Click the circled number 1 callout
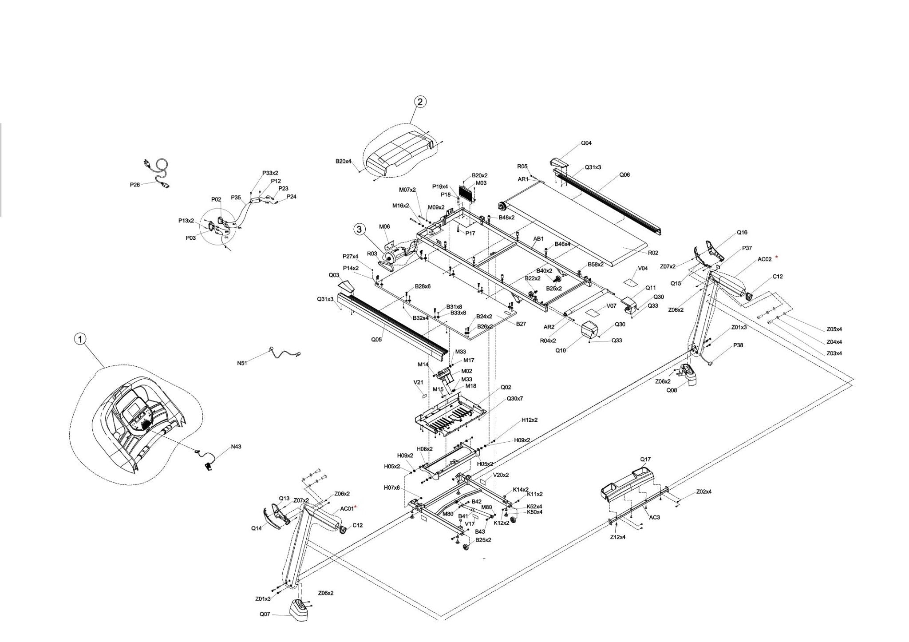coord(80,340)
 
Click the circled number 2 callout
coord(420,102)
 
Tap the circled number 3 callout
coord(360,229)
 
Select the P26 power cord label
coord(135,185)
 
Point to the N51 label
coord(242,363)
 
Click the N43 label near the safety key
coord(236,447)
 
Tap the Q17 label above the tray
coord(645,459)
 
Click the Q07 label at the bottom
coord(265,615)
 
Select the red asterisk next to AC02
coord(776,258)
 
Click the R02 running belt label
coord(653,253)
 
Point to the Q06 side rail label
coord(624,175)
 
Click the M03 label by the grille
coord(481,183)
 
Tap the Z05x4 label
coord(834,329)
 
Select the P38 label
coord(738,345)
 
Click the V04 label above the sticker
coord(643,269)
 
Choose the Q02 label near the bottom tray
coord(506,387)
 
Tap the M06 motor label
coord(384,227)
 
